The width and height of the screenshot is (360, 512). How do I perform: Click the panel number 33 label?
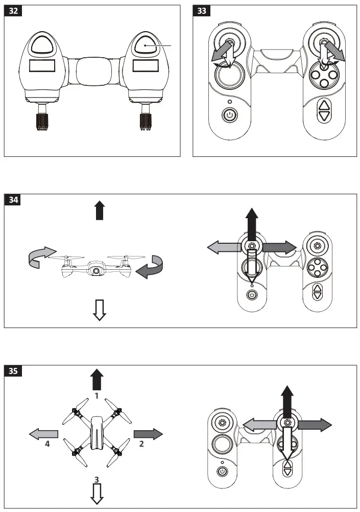(x=202, y=12)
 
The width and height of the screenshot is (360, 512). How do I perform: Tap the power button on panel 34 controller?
(x=252, y=295)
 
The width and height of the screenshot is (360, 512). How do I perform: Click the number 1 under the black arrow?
(x=97, y=395)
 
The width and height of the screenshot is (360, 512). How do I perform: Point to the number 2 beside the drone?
(x=141, y=444)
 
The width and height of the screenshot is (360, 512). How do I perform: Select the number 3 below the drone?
(x=97, y=479)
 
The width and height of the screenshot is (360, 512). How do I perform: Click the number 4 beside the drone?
(x=47, y=444)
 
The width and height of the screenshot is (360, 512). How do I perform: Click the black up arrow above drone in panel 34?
(x=100, y=210)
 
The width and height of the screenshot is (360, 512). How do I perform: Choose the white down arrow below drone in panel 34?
(x=100, y=310)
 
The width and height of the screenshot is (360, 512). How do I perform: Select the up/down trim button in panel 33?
(x=324, y=110)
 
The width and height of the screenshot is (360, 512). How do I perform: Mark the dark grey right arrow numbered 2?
(x=148, y=434)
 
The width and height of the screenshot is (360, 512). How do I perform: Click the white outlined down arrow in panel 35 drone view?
(x=97, y=493)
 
